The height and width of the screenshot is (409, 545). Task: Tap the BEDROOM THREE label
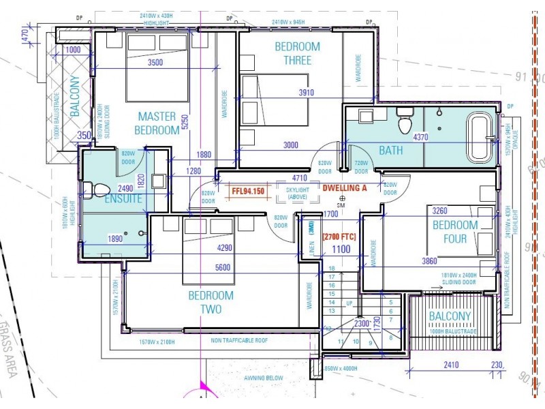[x=297, y=53]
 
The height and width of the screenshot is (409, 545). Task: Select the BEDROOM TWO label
[x=211, y=302]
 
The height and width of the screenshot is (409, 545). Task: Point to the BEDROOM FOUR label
[x=455, y=232]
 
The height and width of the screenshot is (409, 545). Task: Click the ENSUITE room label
[x=123, y=199]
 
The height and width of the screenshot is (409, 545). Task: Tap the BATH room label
[x=391, y=151]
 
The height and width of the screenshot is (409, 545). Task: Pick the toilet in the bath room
[x=405, y=123]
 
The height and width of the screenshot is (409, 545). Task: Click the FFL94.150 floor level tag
[x=247, y=192]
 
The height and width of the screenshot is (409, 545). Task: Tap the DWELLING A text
[x=345, y=187]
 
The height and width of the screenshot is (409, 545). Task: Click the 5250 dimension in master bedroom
[x=183, y=120]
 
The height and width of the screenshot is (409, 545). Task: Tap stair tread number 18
[x=332, y=269]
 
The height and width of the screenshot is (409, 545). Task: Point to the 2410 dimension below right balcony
[x=450, y=365]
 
